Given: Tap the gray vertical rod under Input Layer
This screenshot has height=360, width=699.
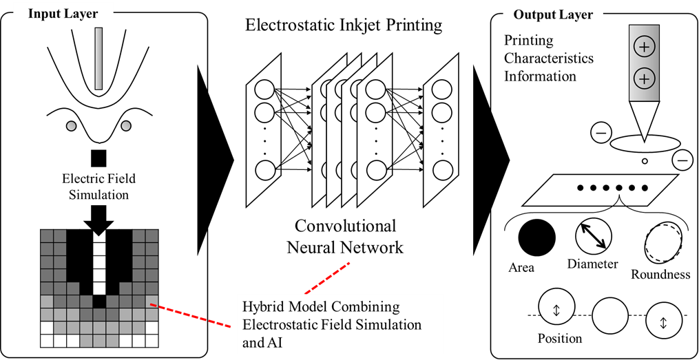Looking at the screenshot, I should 101,59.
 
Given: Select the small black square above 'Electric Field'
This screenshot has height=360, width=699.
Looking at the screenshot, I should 99,158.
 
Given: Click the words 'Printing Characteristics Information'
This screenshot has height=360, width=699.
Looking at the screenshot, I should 548,59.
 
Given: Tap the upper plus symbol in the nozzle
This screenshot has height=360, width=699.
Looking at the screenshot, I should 644,47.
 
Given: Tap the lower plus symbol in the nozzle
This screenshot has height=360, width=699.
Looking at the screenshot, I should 644,79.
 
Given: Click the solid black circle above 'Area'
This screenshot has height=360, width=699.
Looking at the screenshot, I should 537,238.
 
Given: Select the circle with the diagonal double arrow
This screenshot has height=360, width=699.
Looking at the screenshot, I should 594,235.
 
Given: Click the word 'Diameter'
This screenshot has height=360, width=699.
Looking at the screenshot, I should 592,264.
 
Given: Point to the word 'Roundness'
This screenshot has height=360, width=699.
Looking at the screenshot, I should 660,275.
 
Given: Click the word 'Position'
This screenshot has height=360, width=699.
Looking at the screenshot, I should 560,338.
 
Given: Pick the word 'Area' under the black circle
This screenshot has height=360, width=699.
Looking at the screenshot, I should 521,267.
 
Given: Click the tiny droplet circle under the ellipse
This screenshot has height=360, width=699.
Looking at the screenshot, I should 645,162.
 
